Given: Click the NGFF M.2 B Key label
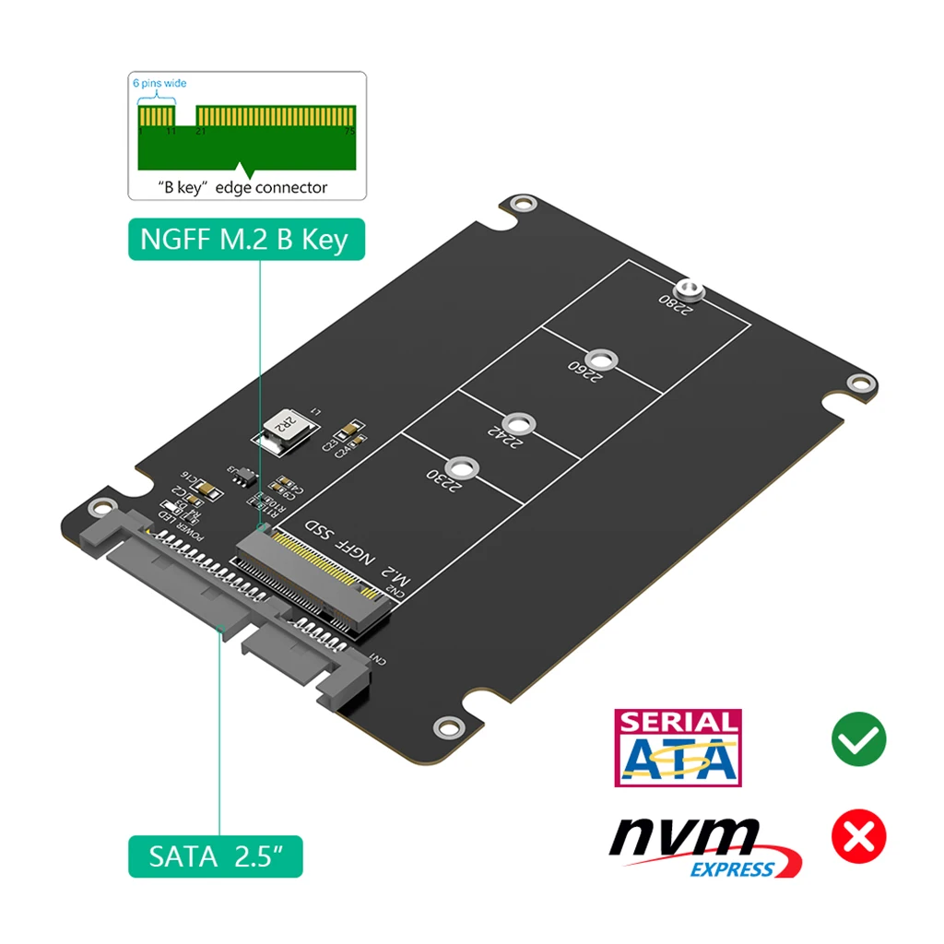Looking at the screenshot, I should [x=245, y=239].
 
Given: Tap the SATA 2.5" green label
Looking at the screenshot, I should [x=214, y=856].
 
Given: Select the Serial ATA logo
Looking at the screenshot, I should [x=678, y=747].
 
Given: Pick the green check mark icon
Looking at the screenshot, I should [x=858, y=740].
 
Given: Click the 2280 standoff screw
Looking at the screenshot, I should [x=689, y=292].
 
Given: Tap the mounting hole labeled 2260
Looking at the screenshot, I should [x=601, y=360].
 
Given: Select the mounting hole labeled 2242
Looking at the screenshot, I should [x=520, y=423].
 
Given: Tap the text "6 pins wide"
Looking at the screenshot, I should [x=159, y=83].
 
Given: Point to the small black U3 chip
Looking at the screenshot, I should [x=242, y=477].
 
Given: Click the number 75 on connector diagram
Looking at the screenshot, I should [x=348, y=131].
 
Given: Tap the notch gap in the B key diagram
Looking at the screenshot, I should [x=185, y=115].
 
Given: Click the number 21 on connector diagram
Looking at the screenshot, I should [x=200, y=131].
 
